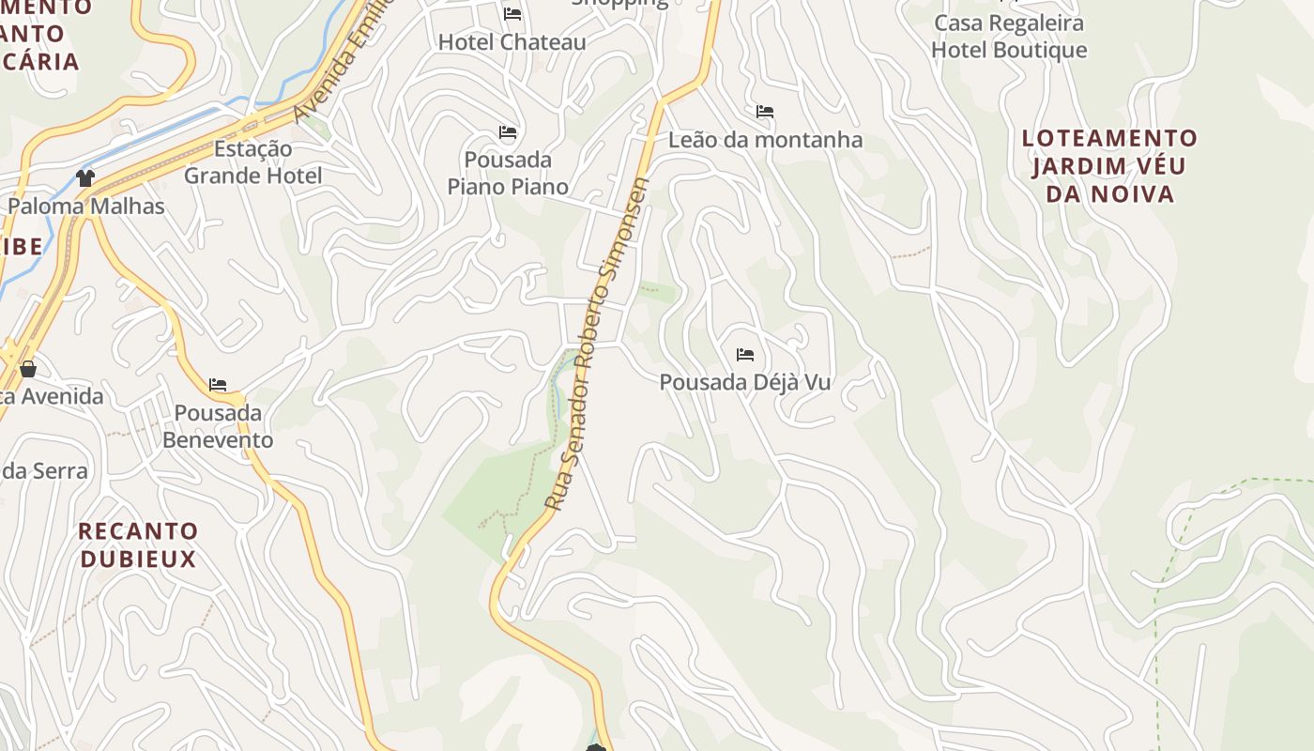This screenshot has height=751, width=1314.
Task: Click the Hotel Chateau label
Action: click(x=512, y=42)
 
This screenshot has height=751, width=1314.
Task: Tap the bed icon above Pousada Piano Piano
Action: click(x=508, y=132)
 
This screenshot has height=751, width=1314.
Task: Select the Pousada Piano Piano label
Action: click(x=508, y=173)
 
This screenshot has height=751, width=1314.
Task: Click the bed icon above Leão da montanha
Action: click(x=765, y=112)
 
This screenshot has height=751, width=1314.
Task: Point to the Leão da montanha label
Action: click(x=765, y=140)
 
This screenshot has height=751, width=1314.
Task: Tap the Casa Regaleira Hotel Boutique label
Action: click(x=1009, y=36)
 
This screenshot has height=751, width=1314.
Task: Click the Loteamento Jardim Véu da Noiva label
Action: click(x=1109, y=166)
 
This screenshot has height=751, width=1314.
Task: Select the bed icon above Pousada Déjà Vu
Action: click(x=745, y=355)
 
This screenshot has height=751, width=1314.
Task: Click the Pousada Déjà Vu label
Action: click(x=745, y=383)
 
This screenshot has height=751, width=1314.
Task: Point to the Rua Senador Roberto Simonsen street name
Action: click(x=598, y=344)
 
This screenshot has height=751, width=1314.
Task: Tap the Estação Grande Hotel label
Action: click(x=252, y=162)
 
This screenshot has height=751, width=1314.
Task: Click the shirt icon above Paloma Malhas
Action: click(x=85, y=178)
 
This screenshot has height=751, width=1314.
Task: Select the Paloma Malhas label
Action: click(x=86, y=207)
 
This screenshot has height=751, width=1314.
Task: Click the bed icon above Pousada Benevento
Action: click(x=218, y=385)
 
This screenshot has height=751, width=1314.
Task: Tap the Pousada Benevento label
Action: click(x=218, y=426)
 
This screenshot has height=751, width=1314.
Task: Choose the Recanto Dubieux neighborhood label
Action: click(x=138, y=545)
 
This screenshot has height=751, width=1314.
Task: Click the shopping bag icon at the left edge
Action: click(x=28, y=369)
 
